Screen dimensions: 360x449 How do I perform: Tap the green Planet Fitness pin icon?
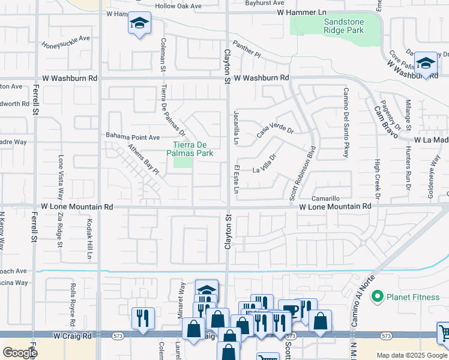tap(377, 296)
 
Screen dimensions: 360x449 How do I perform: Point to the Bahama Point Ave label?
tap(133, 136)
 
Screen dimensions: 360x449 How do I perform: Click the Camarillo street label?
tap(326, 198)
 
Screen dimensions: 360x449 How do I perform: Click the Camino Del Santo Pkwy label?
tap(346, 122)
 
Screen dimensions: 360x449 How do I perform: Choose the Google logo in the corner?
tap(19, 352)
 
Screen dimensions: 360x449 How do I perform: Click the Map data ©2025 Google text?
tap(412, 355)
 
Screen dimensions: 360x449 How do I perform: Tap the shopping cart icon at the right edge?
tap(444, 332)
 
